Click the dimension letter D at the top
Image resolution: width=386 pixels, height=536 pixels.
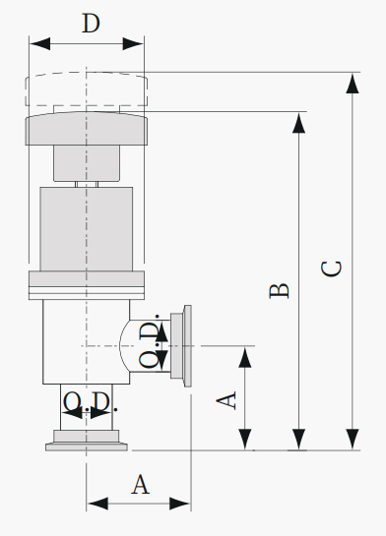91,24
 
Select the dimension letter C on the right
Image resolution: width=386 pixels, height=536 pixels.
332,268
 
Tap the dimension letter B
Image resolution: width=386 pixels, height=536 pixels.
280,291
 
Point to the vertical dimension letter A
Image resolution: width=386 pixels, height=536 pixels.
226,400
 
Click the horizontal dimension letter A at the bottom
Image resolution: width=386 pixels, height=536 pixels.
141,485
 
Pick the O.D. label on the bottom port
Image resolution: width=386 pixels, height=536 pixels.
91,401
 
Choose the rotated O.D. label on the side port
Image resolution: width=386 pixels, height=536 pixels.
150,341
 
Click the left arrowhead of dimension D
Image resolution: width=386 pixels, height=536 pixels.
39,44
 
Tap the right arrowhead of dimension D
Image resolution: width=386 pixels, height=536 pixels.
133,44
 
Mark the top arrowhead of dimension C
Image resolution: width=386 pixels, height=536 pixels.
353,83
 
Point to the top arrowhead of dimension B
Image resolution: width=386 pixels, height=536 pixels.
298,123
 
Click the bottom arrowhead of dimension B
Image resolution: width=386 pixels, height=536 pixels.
298,440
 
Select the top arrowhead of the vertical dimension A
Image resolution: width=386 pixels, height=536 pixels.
245,357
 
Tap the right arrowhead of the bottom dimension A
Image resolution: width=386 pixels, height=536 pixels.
180,504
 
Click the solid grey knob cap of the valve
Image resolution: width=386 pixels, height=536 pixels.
87,129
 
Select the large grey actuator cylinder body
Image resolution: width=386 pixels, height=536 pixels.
87,229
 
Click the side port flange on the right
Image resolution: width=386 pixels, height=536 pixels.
181,346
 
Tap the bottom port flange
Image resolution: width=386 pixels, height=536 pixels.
87,441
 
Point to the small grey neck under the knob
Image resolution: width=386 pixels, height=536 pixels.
87,163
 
